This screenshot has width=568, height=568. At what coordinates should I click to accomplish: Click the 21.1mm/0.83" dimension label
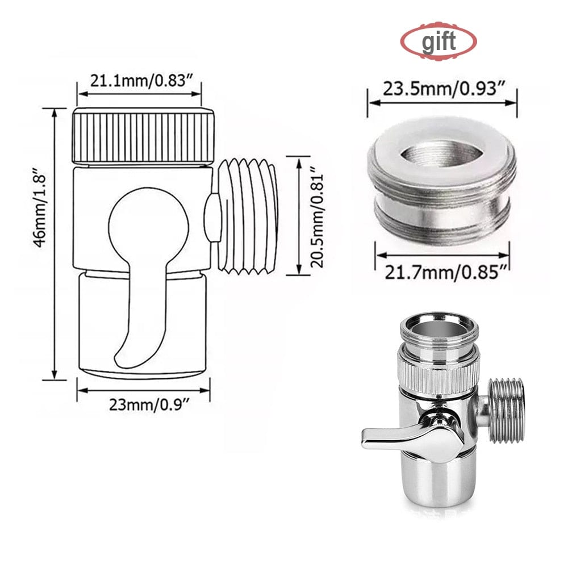(x=140, y=81)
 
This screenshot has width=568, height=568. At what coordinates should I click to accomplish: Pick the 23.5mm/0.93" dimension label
(x=442, y=89)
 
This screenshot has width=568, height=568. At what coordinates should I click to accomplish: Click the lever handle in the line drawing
(x=136, y=318)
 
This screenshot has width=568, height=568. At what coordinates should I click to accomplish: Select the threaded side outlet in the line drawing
(x=247, y=216)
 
